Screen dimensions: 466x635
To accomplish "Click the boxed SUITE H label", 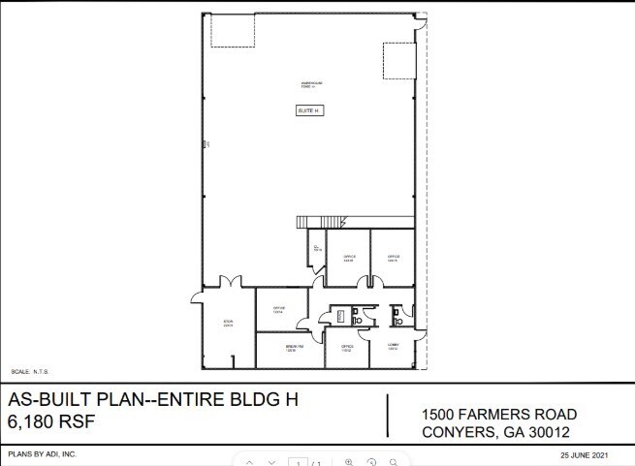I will click(308, 111).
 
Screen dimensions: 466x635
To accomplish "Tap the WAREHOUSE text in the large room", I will click(309, 83).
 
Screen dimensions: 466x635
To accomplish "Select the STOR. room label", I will click(228, 324).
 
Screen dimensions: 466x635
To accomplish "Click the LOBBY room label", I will click(394, 347).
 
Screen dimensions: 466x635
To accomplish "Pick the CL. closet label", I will click(316, 249).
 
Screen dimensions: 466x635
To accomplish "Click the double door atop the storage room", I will click(230, 283).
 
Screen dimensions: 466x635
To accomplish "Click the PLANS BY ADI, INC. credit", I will click(42, 453).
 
